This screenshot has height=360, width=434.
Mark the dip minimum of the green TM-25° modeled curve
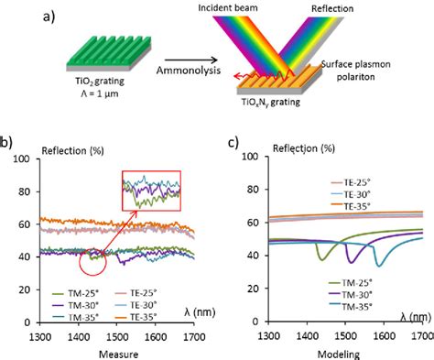pos(321,259)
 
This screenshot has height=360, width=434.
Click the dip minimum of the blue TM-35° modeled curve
pos(377,266)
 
